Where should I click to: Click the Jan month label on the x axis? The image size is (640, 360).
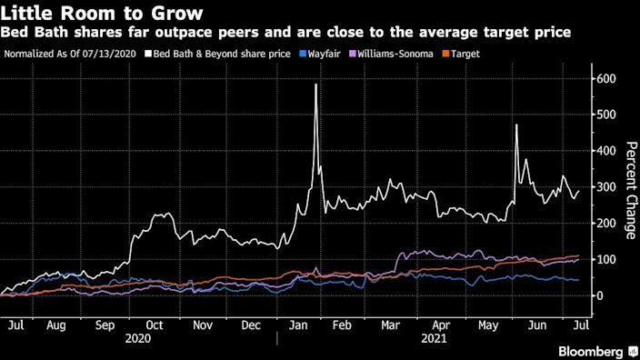coord(298,323)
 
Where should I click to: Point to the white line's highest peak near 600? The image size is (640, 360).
coord(315,85)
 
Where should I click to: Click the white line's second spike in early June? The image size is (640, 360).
coord(516,125)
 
